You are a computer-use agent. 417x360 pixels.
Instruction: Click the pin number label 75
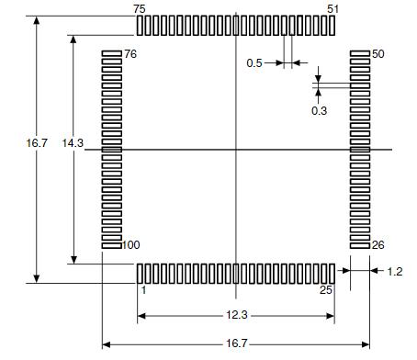[x=139, y=8]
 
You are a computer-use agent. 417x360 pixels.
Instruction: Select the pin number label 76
[x=130, y=54]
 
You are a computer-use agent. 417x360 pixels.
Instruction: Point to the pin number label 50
[x=378, y=54]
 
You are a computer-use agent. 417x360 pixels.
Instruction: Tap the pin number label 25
[x=327, y=290]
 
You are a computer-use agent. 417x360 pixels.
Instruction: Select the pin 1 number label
[x=143, y=290]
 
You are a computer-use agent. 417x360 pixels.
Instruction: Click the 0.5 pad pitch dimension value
[x=254, y=62]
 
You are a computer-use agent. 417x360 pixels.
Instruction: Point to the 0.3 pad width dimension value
[x=319, y=110]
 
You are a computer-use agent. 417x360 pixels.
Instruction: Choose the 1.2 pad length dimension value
[x=395, y=272]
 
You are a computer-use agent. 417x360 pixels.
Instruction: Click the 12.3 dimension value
[x=237, y=315]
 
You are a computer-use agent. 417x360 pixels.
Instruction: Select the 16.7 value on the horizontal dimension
[x=237, y=343]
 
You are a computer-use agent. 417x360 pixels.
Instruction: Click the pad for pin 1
[x=140, y=273]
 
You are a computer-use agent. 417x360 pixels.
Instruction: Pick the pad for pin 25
[x=332, y=273]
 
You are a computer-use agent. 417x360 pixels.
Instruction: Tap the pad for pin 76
[x=111, y=54]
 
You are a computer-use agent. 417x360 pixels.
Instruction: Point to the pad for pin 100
[x=111, y=244]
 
